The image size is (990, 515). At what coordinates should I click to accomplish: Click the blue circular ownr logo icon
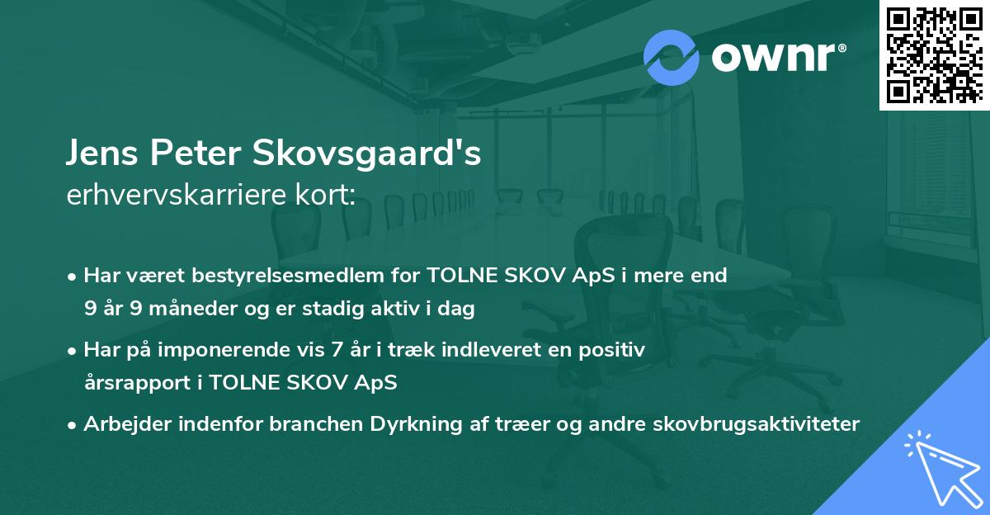click(671, 57)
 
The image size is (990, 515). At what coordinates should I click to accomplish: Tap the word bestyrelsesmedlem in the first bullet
click(299, 276)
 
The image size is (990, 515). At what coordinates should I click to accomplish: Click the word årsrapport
click(134, 384)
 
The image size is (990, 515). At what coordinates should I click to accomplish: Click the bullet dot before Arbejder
click(73, 425)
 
